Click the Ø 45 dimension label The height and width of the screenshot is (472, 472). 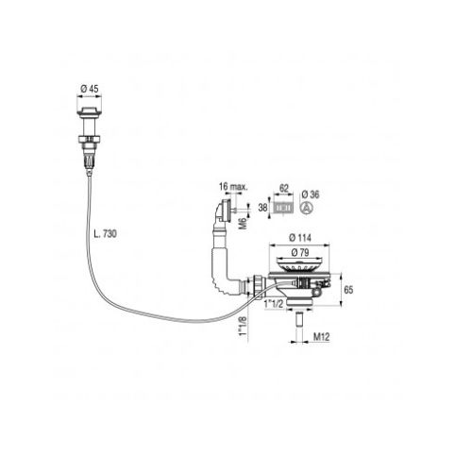click(x=90, y=89)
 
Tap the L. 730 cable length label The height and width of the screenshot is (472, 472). click(x=106, y=233)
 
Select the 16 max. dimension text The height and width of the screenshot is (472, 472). click(x=233, y=186)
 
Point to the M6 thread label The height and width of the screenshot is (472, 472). click(x=243, y=223)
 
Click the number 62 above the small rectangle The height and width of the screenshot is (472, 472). click(x=284, y=188)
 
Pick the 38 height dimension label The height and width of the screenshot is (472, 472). click(x=262, y=208)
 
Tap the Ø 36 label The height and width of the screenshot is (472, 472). click(x=311, y=194)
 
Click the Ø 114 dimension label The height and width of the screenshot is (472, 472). click(x=300, y=238)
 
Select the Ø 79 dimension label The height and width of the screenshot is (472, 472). click(x=300, y=252)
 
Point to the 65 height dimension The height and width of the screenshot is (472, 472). click(x=348, y=290)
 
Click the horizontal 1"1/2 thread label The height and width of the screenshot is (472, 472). click(x=274, y=304)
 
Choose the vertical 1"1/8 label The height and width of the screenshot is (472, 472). click(x=243, y=326)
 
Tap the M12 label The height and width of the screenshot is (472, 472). click(x=321, y=337)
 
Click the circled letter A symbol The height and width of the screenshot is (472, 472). click(x=306, y=208)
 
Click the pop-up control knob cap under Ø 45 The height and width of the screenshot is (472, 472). click(x=90, y=111)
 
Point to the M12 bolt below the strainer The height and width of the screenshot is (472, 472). click(x=299, y=319)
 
